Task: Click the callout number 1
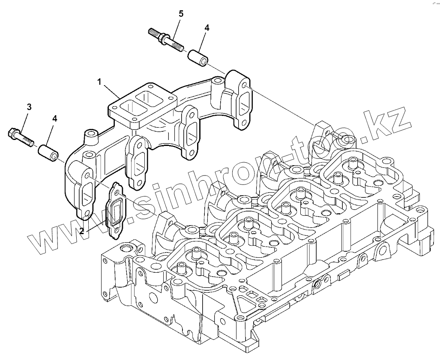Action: tap(99, 82)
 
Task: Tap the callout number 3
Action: tap(29, 107)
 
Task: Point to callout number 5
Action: tap(181, 14)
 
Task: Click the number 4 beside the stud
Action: tap(207, 27)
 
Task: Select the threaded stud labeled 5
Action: tap(166, 39)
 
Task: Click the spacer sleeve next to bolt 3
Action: tap(48, 153)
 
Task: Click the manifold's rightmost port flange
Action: tap(241, 100)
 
